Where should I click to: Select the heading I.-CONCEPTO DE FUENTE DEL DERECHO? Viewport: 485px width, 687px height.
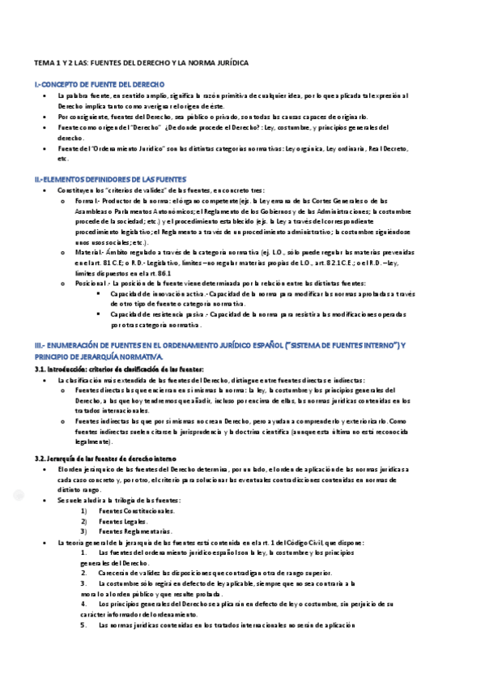99,84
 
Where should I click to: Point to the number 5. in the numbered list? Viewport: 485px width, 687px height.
83,625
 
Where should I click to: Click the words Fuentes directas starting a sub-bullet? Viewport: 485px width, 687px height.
98,390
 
